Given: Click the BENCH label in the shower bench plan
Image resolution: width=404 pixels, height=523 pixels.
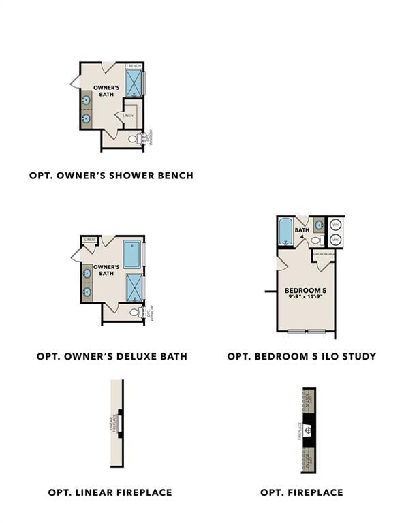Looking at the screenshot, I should (x=135, y=66).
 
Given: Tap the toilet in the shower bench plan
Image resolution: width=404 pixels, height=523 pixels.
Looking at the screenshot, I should (x=134, y=139).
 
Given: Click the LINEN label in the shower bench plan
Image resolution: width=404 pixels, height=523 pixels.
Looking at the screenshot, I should (x=128, y=116).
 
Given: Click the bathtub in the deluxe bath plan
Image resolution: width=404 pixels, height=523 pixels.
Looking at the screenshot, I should (x=131, y=254).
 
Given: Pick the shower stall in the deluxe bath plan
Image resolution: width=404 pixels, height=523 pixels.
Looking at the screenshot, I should (x=134, y=287).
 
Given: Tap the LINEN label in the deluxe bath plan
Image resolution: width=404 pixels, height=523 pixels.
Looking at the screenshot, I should (x=89, y=240).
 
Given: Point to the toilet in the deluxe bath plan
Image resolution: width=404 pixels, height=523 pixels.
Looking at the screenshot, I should (x=134, y=313).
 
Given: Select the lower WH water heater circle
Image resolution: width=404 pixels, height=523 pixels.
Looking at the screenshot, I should (x=335, y=240).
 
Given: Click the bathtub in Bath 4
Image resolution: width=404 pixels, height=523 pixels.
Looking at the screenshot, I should (x=285, y=231).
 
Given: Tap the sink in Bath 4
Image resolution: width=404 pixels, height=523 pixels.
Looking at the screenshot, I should (x=318, y=225).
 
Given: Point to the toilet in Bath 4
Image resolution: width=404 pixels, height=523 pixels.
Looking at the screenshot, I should (x=315, y=240).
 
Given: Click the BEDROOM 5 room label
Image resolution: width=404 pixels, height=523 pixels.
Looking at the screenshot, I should (x=305, y=291).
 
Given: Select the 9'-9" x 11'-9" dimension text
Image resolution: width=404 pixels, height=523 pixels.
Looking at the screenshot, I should (x=305, y=298).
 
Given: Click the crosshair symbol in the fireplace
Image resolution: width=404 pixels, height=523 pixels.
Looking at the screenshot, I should (x=309, y=430).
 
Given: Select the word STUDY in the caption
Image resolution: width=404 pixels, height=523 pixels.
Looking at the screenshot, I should (x=358, y=356).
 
